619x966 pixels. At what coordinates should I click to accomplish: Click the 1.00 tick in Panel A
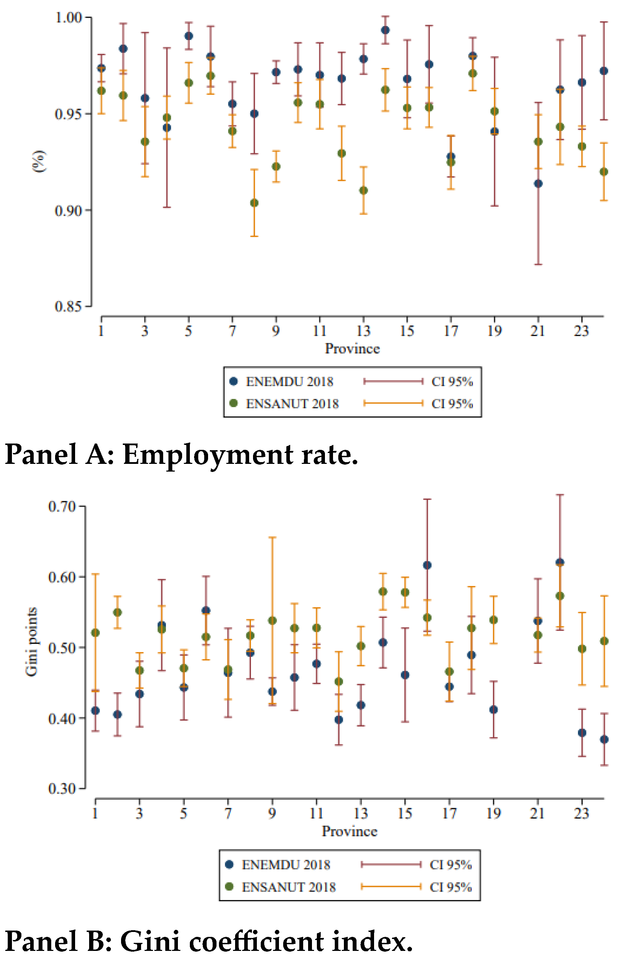tap(69, 18)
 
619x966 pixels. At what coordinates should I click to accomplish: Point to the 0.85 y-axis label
tap(69, 306)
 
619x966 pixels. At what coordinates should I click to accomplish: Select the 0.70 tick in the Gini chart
tap(62, 507)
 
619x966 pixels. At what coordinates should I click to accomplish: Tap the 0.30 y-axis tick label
tap(62, 788)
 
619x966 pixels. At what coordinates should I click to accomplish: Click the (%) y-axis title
tap(39, 161)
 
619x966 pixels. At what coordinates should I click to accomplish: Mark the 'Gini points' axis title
tap(31, 642)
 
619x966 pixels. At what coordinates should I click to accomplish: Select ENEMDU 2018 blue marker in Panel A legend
tap(233, 381)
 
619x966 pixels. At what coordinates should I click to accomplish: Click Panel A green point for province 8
tap(254, 203)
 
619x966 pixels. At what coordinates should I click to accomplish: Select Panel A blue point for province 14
tap(385, 30)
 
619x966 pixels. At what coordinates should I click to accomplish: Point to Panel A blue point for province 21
tap(538, 184)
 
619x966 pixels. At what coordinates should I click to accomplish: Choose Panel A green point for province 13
tap(363, 191)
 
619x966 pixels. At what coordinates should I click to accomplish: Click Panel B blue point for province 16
tap(427, 565)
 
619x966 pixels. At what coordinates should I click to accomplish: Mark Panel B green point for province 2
tap(117, 612)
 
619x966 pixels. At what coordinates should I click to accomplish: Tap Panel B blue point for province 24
tap(604, 739)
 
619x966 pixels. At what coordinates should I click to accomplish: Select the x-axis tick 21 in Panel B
tap(537, 813)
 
